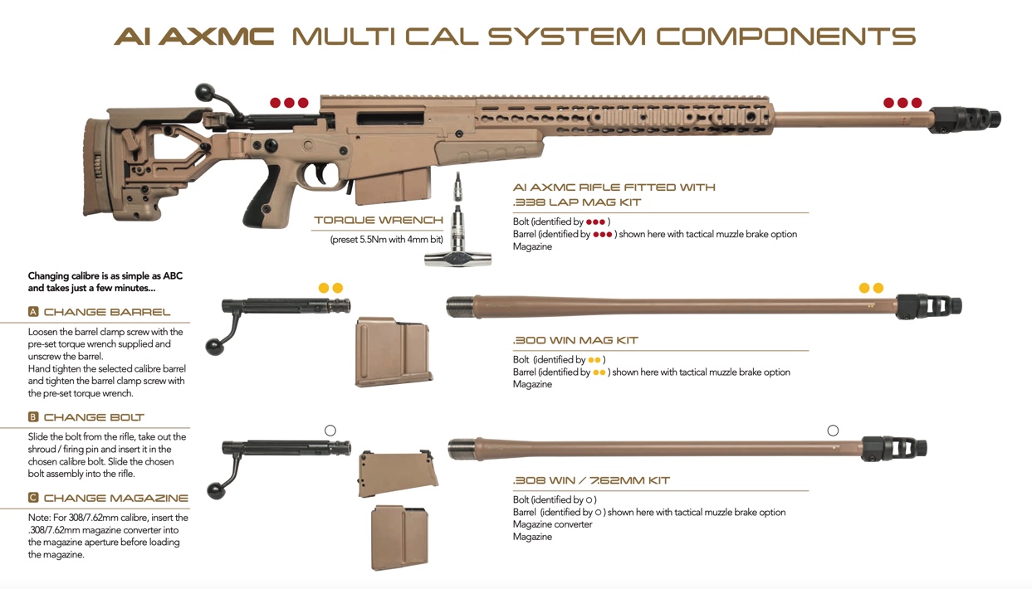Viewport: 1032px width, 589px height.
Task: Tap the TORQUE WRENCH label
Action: (x=379, y=221)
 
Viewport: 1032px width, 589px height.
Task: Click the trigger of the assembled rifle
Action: (x=319, y=175)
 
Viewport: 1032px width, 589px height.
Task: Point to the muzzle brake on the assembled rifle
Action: (x=965, y=119)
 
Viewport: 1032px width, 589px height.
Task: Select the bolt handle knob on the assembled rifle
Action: (x=204, y=90)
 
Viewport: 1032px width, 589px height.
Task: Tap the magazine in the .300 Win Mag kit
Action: (x=393, y=352)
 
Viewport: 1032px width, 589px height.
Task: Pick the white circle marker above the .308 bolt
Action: (x=330, y=431)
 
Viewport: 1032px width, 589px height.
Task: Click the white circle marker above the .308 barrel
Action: (x=833, y=431)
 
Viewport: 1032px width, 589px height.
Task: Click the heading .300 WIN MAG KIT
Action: (x=575, y=341)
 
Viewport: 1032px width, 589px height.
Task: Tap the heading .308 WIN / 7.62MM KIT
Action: (x=591, y=481)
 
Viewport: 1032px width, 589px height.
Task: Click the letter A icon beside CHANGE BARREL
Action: (x=33, y=312)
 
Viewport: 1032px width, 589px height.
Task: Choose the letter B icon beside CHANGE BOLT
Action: (x=33, y=417)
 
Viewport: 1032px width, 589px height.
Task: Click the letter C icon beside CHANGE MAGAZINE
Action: (x=33, y=498)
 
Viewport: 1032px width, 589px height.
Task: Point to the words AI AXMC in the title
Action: (x=194, y=37)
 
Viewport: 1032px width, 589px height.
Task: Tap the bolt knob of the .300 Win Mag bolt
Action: (x=215, y=346)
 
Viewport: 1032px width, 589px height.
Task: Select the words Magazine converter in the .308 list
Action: (x=552, y=524)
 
